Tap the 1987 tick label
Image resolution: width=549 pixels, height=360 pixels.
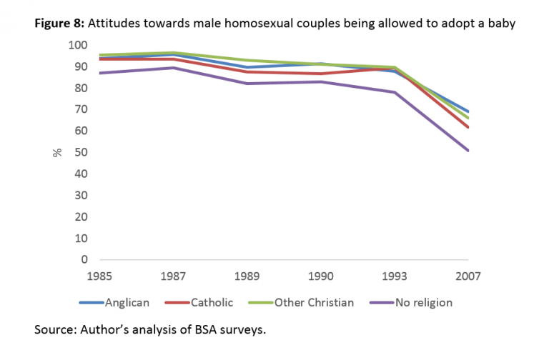tap(174, 275)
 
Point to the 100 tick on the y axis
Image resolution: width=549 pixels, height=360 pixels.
tap(76, 46)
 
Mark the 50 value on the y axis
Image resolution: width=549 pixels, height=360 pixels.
tap(79, 152)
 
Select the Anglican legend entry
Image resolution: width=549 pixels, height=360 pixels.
tap(127, 302)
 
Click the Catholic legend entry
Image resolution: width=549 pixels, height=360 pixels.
tap(212, 302)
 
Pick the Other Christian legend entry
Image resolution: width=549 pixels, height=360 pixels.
tap(314, 302)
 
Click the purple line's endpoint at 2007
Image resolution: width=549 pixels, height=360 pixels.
tap(468, 151)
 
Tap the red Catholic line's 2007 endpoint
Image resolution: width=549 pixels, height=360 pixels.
tap(468, 127)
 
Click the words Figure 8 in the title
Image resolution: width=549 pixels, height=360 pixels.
tap(60, 24)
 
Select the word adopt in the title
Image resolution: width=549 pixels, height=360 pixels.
tap(459, 24)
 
